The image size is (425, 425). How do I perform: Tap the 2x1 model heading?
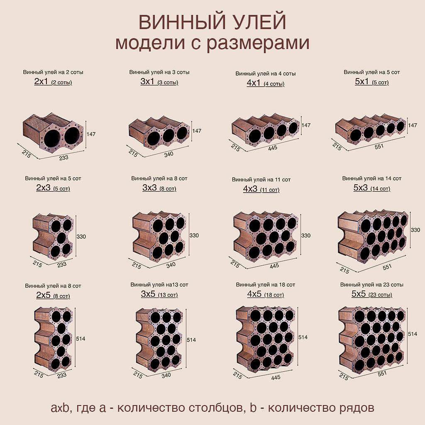(53, 82)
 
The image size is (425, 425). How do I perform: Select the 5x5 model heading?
(371, 294)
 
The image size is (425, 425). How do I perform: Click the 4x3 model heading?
(261, 189)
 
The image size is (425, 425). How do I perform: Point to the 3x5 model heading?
(159, 294)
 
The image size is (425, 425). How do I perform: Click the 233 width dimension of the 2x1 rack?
(64, 157)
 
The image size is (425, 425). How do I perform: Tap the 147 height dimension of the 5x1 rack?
(413, 125)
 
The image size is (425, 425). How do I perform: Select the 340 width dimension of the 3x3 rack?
(171, 265)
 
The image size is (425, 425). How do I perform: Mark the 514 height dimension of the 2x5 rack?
(81, 339)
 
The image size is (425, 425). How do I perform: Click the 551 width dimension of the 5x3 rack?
(387, 267)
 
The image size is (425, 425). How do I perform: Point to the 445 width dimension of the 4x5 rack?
(276, 377)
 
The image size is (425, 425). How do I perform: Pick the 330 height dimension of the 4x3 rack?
(305, 236)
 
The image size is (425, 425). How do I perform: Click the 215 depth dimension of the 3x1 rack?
(133, 153)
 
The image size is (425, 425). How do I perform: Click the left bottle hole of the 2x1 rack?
(52, 137)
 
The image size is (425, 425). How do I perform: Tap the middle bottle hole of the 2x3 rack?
(61, 238)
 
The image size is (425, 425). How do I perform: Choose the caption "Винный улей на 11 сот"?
(261, 179)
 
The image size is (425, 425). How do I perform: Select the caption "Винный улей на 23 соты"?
(371, 285)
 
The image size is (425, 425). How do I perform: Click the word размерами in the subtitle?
(258, 43)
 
